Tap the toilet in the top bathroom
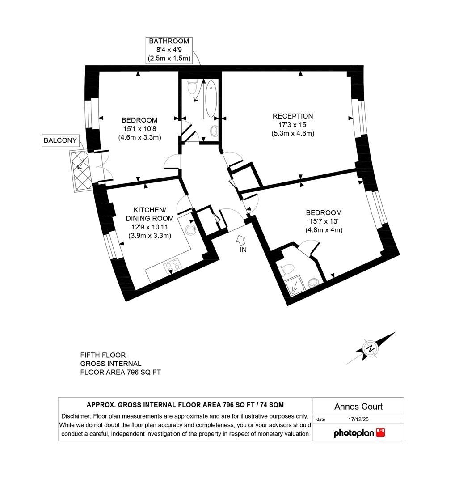coord(194,86)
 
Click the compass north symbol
coord(371,349)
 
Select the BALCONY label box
coord(60,140)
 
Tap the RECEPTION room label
coord(293,116)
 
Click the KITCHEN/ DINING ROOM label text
coord(150,214)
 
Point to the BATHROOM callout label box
coord(169,50)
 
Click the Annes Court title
coord(358,407)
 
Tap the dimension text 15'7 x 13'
coord(324,221)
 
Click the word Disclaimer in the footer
coord(74,416)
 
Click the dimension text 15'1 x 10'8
coord(139,129)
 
